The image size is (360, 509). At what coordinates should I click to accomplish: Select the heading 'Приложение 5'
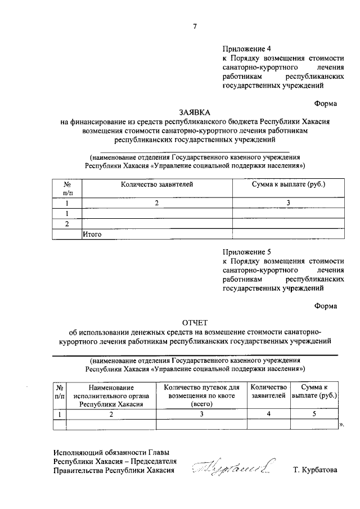pos(246,253)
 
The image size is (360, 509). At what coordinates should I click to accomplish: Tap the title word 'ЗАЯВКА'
pos(195,112)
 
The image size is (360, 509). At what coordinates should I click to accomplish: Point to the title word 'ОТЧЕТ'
pos(195,322)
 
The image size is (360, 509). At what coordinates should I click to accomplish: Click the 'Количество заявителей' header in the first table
pos(156,184)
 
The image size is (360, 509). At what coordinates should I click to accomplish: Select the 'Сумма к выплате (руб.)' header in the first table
pos(289,184)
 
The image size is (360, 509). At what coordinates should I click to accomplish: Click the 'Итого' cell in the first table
pos(92,235)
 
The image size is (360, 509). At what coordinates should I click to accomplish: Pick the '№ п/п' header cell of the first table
pos(67,188)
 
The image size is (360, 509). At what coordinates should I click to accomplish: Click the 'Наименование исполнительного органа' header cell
pos(111,395)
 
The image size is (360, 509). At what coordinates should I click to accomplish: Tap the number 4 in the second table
pos(269,414)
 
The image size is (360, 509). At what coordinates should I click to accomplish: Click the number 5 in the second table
pos(315,414)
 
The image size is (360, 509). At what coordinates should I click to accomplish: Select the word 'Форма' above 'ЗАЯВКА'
pos(326,103)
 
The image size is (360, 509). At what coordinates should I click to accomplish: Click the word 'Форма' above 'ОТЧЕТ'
pos(326,306)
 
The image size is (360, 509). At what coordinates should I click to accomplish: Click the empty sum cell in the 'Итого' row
pos(289,235)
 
